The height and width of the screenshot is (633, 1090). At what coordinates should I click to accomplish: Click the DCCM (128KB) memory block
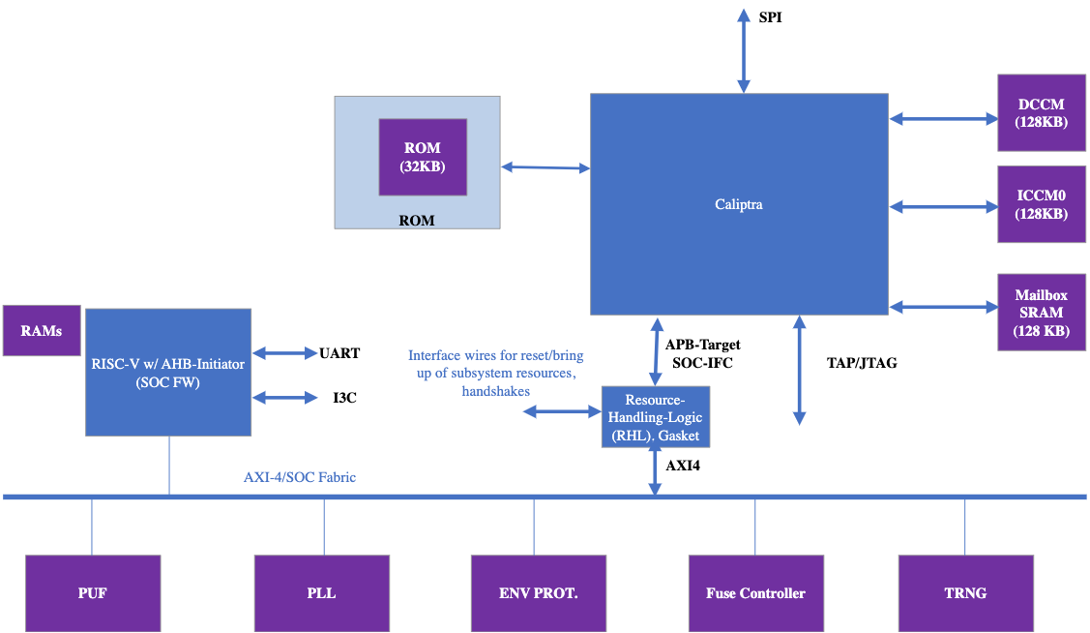click(1041, 114)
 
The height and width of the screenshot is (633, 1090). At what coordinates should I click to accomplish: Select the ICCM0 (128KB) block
click(1041, 205)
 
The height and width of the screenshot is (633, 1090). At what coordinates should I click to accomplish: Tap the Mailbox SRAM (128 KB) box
click(1041, 312)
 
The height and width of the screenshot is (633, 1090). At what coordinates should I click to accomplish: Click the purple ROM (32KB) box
click(422, 156)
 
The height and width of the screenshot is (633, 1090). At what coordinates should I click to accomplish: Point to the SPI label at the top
click(771, 17)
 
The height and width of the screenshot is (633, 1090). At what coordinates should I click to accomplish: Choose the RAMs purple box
click(42, 331)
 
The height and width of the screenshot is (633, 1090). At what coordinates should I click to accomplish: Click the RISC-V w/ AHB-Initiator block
click(168, 372)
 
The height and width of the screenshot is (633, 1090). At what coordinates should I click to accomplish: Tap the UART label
click(339, 353)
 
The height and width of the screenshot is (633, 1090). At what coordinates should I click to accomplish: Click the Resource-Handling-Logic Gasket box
click(656, 417)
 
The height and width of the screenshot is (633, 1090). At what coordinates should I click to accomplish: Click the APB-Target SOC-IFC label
click(702, 352)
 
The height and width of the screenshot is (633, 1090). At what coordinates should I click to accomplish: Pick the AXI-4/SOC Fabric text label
click(300, 477)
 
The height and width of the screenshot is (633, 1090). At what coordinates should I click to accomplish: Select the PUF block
click(92, 592)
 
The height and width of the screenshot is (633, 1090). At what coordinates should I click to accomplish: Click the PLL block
click(321, 592)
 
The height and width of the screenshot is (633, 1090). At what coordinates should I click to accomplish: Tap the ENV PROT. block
click(539, 592)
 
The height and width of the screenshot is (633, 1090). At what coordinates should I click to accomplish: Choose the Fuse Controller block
click(755, 592)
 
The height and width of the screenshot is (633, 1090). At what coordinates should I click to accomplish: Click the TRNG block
click(966, 592)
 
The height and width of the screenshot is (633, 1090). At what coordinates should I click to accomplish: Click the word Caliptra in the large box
click(739, 204)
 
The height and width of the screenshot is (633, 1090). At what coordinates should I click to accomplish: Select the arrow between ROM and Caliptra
click(545, 168)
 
